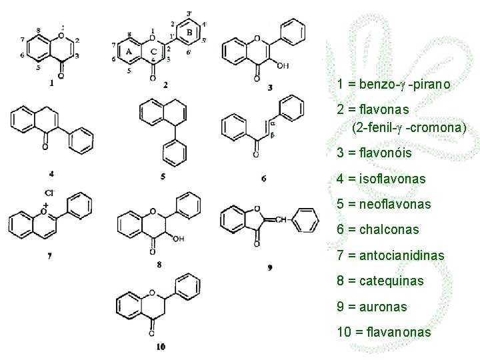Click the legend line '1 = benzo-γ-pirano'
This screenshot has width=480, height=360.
click(394, 85)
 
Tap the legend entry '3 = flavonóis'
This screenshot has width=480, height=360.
click(375, 153)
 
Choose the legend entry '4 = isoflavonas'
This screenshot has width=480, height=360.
click(381, 179)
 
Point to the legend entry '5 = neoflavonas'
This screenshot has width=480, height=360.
click(384, 204)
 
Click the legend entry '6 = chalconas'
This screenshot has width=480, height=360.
click(378, 229)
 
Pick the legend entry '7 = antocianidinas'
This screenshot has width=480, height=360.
click(391, 255)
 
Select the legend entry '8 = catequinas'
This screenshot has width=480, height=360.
click(380, 281)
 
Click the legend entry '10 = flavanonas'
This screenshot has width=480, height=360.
click(384, 332)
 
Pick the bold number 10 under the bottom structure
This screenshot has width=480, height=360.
click(161, 346)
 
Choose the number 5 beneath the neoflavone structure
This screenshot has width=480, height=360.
click(163, 177)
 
